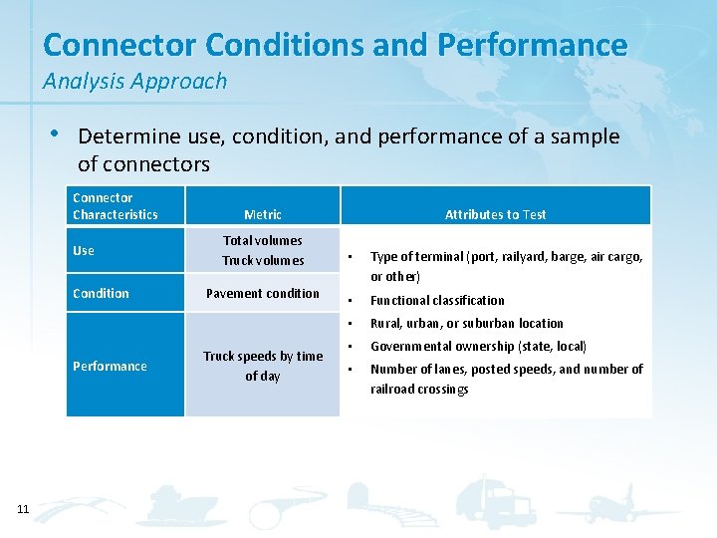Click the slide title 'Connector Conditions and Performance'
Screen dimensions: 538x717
click(x=336, y=45)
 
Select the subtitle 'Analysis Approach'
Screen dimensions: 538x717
click(x=134, y=82)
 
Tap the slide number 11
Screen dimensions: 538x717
click(x=23, y=510)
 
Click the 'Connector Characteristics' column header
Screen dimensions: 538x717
click(x=116, y=206)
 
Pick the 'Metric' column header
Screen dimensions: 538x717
click(x=263, y=214)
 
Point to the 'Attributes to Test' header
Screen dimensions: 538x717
click(x=495, y=214)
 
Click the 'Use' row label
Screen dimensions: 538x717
click(x=84, y=250)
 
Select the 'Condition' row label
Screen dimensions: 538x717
click(x=101, y=293)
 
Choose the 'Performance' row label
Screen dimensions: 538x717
click(x=110, y=366)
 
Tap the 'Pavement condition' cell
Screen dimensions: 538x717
click(x=263, y=293)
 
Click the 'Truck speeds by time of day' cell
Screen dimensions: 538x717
click(x=263, y=366)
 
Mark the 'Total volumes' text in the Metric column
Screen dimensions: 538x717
click(x=263, y=240)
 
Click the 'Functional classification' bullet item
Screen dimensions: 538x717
click(x=437, y=300)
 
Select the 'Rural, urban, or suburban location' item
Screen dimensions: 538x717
click(x=466, y=323)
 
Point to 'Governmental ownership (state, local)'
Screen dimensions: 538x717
click(x=478, y=346)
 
